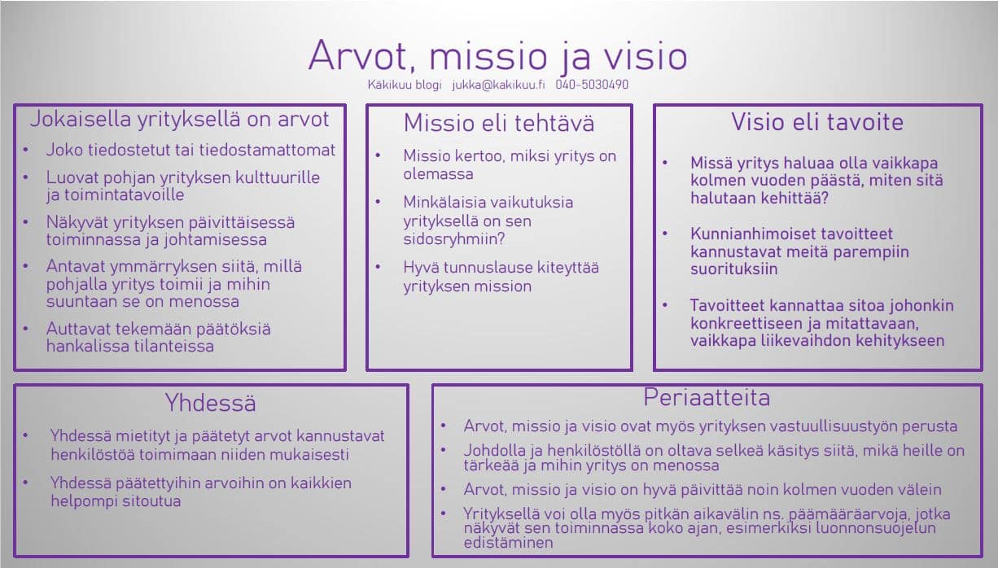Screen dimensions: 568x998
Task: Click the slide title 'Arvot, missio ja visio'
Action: (497, 55)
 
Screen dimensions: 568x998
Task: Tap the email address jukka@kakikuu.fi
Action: (499, 85)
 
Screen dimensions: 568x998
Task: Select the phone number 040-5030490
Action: (592, 85)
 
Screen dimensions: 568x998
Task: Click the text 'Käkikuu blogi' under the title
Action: (405, 85)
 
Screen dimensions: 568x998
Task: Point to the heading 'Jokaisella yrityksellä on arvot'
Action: (179, 119)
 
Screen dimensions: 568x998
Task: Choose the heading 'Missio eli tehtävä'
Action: (499, 123)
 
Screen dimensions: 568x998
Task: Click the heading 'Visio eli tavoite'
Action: (816, 122)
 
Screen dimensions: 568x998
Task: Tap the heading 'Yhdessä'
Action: (210, 402)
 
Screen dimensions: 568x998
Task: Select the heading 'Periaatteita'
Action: (707, 397)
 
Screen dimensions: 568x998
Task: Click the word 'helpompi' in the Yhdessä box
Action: (84, 500)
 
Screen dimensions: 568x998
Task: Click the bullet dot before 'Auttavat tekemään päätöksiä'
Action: (27, 330)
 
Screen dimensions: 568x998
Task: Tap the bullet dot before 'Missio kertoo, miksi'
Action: (379, 156)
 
